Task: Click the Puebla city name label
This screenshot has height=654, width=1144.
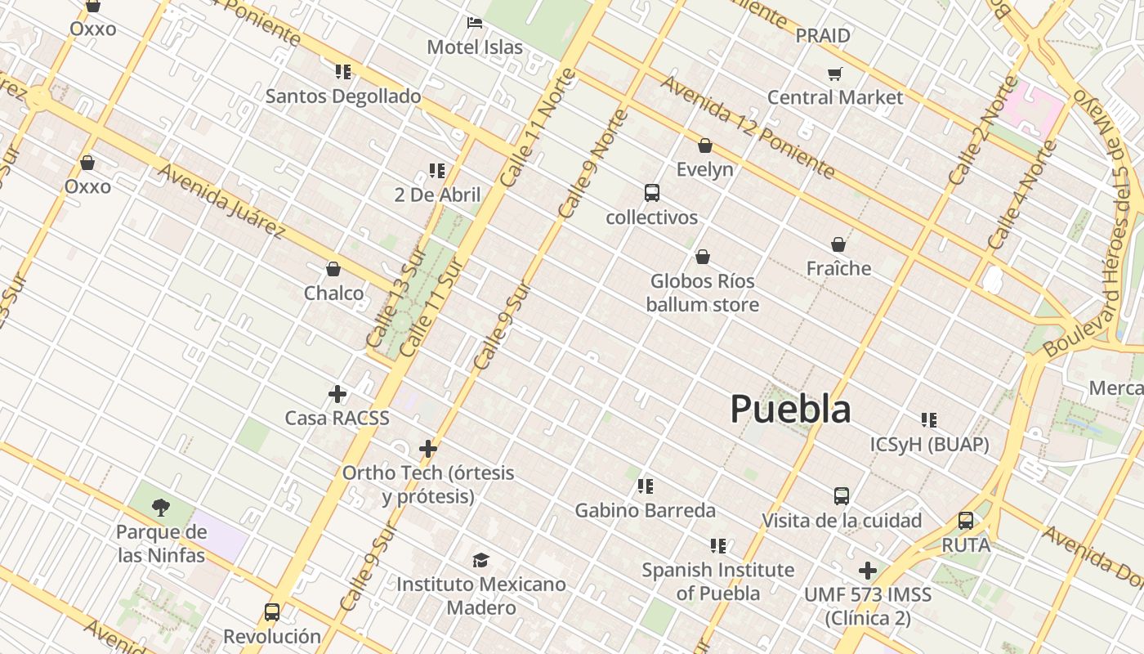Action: point(790,409)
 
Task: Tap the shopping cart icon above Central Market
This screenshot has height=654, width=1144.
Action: point(834,74)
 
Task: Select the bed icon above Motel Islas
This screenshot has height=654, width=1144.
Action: point(474,23)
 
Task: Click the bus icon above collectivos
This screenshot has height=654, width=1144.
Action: point(651,193)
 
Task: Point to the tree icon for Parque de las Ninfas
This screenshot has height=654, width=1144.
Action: point(161,508)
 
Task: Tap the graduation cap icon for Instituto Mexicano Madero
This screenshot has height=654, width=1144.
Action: point(480,560)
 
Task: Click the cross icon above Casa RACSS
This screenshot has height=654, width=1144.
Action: point(337,394)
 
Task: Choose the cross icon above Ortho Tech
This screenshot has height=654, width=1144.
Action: point(427,448)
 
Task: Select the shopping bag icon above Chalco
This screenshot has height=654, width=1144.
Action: point(333,269)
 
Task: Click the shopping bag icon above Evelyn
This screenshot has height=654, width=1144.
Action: point(704,146)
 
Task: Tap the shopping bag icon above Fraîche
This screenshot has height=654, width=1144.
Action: point(838,244)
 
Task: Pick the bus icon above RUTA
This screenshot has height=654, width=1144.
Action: point(965,521)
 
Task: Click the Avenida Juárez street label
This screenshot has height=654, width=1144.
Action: point(221,201)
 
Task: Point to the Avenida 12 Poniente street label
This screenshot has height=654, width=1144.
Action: point(747,127)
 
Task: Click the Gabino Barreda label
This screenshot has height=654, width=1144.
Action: point(645,511)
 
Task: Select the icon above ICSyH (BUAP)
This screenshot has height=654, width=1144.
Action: point(928,420)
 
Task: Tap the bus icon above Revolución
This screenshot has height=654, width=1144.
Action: point(271,611)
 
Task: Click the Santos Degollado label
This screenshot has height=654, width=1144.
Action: point(343,96)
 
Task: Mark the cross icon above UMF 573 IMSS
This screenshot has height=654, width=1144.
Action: point(867,570)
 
